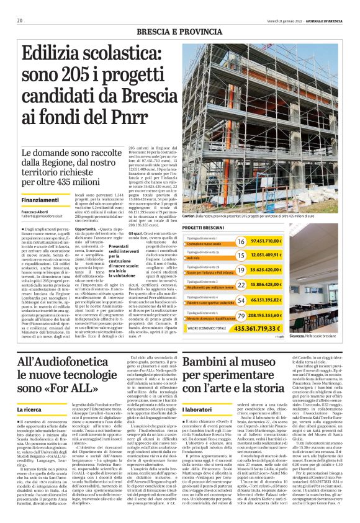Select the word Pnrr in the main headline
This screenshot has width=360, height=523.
coord(110,117)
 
